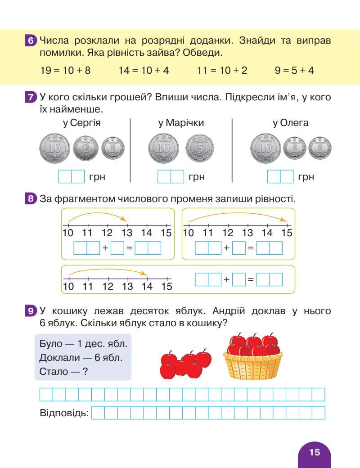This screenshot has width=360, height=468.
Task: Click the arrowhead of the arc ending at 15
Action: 285,220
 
